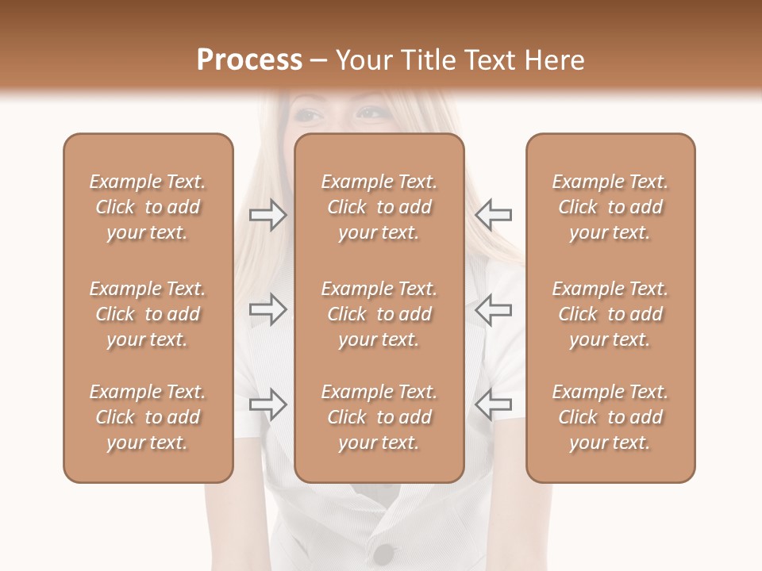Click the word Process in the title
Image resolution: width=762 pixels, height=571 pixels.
pos(249,60)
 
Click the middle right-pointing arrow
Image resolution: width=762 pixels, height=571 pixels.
pos(268,309)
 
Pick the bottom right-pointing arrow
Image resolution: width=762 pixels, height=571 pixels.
pos(268,404)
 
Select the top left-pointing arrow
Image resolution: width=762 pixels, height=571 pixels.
pos(493,215)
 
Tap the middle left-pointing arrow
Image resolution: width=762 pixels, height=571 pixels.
pos(493,309)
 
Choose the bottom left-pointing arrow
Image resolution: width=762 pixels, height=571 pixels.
pos(493,404)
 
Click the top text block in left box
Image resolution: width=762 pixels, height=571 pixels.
pos(148,207)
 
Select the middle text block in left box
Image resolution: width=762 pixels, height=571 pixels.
pos(148,314)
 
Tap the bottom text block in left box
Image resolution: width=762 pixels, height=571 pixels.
pos(148,417)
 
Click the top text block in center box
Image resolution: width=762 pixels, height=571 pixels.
pos(379,207)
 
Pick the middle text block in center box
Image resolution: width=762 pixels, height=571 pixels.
pos(379,314)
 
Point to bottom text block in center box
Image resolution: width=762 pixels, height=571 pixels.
pos(379,417)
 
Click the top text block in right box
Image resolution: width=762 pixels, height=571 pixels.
pos(610,207)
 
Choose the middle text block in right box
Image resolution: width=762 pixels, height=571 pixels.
pos(610,314)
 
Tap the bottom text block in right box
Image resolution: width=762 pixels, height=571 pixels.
pos(610,417)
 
